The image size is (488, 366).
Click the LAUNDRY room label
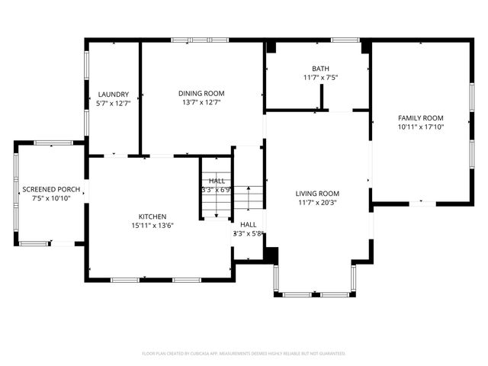(x=113, y=94)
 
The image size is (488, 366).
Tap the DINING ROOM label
(x=202, y=93)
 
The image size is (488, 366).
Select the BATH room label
(x=320, y=69)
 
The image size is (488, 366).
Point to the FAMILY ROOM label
(x=420, y=118)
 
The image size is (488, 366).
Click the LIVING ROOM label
(x=317, y=194)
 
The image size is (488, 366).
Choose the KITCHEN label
(x=152, y=217)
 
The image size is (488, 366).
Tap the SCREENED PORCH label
(x=52, y=189)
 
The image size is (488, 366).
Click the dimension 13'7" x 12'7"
(x=202, y=102)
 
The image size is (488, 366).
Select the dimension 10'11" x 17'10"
(x=420, y=127)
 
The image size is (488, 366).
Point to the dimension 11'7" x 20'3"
(x=317, y=203)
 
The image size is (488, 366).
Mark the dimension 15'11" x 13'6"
(x=152, y=225)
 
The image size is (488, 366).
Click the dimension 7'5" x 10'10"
(x=52, y=198)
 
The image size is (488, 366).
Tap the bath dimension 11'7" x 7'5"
(x=320, y=78)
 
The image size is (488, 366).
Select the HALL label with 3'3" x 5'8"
(x=249, y=225)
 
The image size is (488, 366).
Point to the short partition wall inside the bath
(x=322, y=97)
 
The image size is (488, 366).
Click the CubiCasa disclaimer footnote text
(x=244, y=354)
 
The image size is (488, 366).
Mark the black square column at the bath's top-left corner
(x=270, y=47)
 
